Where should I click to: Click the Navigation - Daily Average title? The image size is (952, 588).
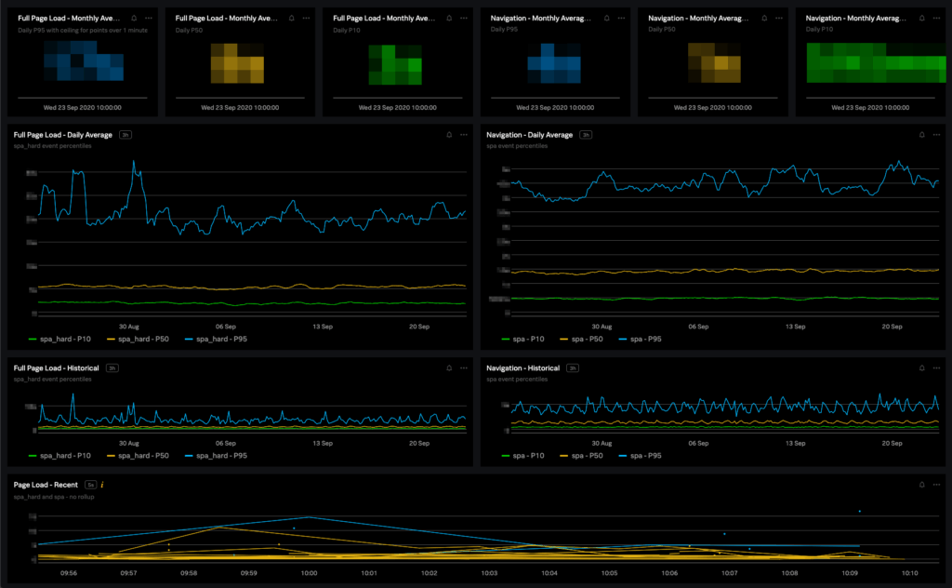coord(529,135)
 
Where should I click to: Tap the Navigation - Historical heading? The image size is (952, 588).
coord(523,368)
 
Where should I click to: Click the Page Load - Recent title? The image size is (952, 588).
coord(46,485)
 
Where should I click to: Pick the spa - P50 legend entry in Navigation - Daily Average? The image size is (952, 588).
coord(586,340)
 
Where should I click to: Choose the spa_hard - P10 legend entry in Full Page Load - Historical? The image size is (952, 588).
coord(64,456)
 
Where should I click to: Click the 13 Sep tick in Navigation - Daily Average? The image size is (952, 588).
coord(796,327)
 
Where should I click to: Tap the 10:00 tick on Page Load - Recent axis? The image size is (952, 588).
coord(309,573)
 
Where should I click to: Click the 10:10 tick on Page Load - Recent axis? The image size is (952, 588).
coord(910,573)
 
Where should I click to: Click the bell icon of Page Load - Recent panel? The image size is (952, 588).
coord(921,485)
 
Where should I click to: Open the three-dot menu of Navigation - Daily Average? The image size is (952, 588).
coord(937,135)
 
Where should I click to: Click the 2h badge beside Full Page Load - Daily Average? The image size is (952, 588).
coord(126,135)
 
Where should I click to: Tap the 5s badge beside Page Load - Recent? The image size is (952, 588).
coord(90,485)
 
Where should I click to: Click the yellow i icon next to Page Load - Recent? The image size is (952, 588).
coord(102,485)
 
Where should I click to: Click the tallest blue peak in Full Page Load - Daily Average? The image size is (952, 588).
coord(134,161)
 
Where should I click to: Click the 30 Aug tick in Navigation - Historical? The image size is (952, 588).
coord(601,443)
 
